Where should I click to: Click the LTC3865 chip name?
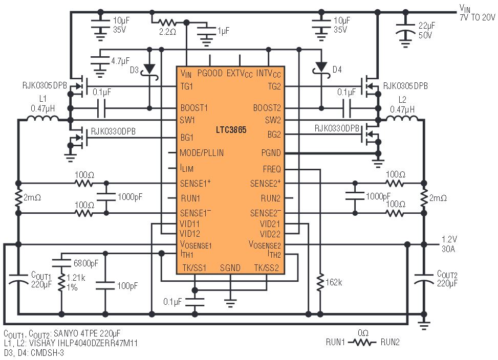[231, 130]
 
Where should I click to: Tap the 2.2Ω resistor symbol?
[167, 22]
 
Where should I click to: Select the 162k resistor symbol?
[320, 281]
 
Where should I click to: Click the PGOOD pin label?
[210, 73]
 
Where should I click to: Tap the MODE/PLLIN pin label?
[201, 153]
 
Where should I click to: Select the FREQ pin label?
[272, 169]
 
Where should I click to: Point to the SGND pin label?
[230, 268]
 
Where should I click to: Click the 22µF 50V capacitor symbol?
[405, 29]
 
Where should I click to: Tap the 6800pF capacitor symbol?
[61, 263]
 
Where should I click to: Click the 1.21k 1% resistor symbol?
[61, 282]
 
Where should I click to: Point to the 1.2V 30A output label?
[449, 244]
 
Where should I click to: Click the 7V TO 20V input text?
[478, 17]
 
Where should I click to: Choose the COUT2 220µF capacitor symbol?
[424, 279]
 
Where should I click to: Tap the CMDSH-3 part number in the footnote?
[47, 353]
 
